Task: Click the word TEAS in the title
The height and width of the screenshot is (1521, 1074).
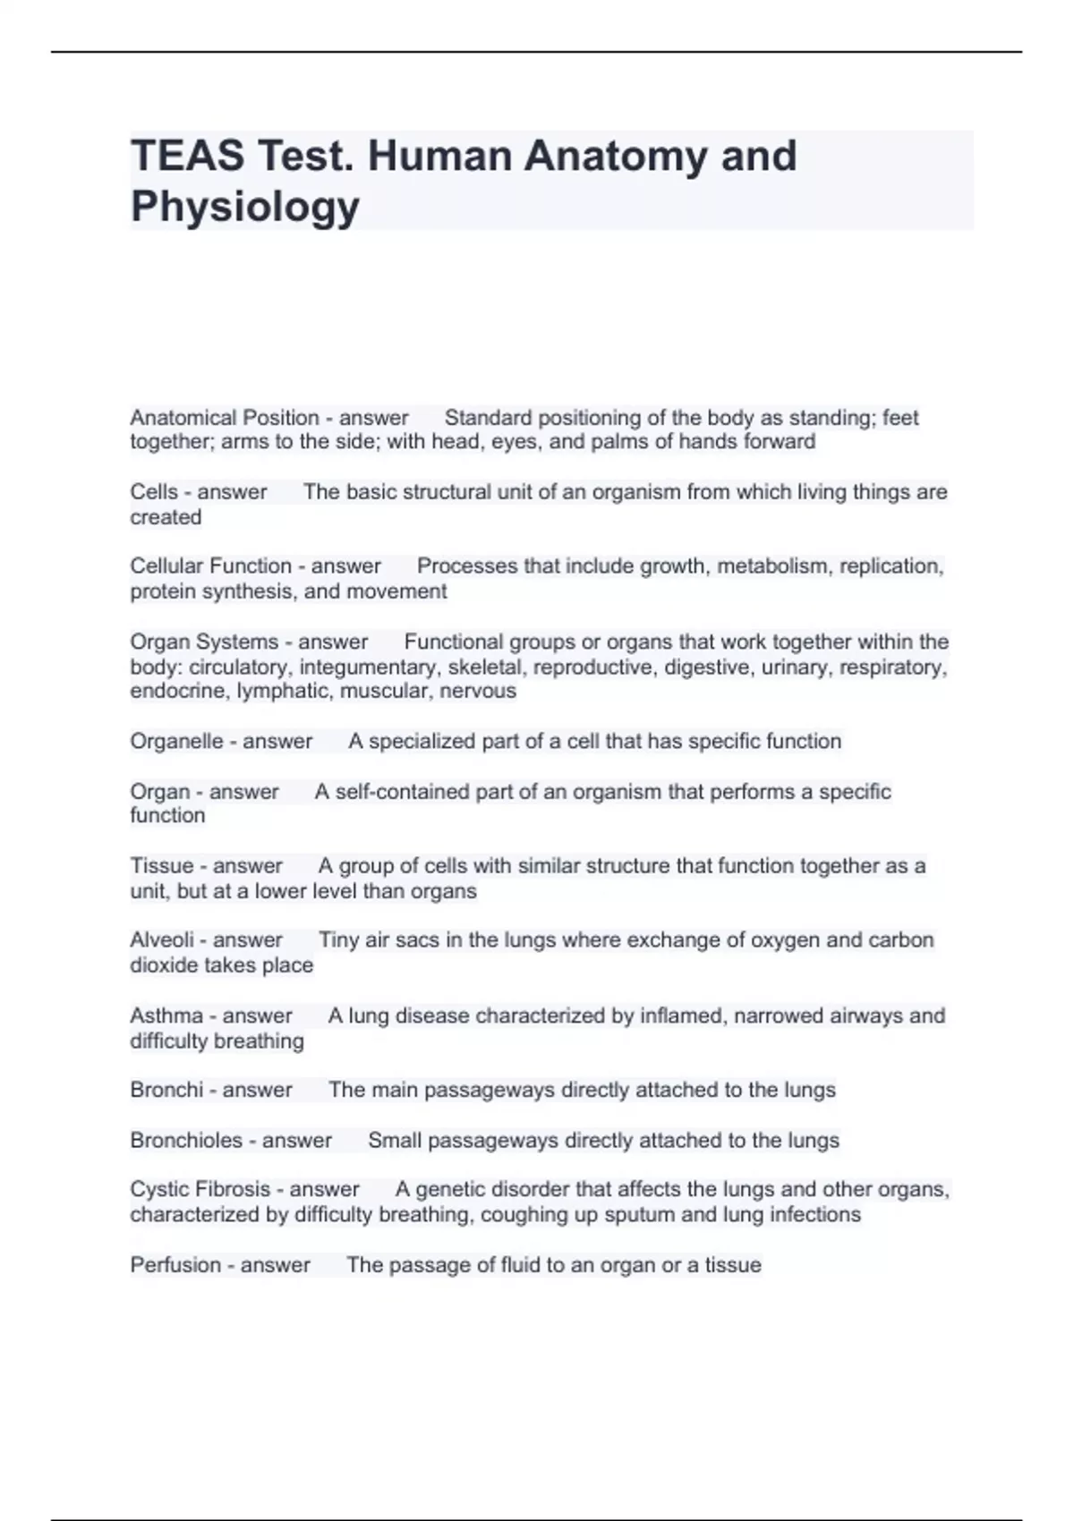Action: (x=186, y=156)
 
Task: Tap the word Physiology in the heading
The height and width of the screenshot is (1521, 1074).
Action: (x=245, y=206)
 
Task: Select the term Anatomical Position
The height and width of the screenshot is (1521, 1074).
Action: (x=225, y=418)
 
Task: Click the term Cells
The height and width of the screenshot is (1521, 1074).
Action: (x=154, y=492)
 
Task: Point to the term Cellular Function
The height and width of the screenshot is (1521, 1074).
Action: (x=210, y=566)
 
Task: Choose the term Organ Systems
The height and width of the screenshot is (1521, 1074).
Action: (x=204, y=642)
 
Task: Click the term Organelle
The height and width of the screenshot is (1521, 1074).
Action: (x=176, y=742)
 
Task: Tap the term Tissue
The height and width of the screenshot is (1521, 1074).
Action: (x=161, y=866)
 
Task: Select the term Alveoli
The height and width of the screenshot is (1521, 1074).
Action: (x=162, y=940)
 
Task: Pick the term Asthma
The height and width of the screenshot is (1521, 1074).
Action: (x=166, y=1015)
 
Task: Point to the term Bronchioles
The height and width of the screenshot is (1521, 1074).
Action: (x=186, y=1141)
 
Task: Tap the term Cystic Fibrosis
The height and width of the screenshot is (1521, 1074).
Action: (x=200, y=1189)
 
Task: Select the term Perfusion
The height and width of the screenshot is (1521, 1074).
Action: (x=175, y=1265)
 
